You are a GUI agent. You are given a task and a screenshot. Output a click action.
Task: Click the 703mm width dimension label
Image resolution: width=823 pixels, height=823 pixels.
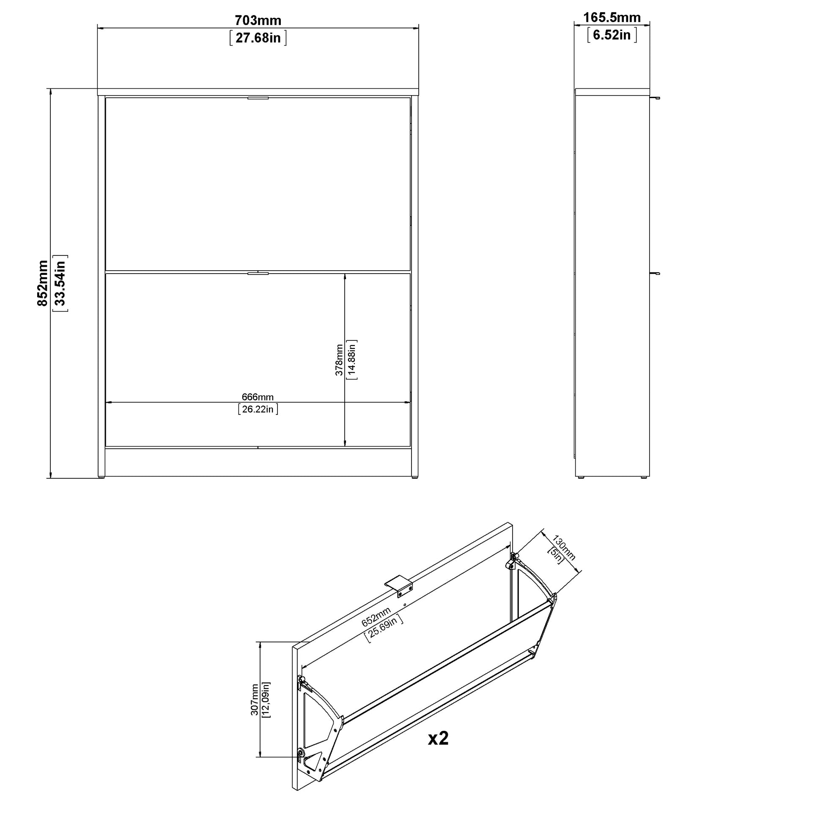[258, 20]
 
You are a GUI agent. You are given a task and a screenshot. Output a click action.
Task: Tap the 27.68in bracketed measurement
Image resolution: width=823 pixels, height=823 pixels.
[258, 38]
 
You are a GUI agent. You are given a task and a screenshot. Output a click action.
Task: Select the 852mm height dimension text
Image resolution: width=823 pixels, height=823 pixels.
[43, 283]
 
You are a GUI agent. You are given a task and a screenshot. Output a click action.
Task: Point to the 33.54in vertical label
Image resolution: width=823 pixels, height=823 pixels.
[60, 283]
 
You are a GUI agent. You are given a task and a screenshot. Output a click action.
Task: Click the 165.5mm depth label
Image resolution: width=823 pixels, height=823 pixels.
[612, 17]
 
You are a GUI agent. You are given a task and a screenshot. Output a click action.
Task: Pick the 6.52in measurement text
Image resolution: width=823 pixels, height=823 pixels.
[612, 35]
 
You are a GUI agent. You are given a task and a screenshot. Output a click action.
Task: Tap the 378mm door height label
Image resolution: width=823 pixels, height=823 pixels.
[339, 360]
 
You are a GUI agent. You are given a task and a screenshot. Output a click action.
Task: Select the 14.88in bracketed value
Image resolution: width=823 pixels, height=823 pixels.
[352, 360]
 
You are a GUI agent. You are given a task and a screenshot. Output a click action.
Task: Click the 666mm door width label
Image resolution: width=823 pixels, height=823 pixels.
[258, 397]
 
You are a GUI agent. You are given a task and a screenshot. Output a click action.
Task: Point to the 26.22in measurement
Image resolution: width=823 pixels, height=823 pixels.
[258, 409]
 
